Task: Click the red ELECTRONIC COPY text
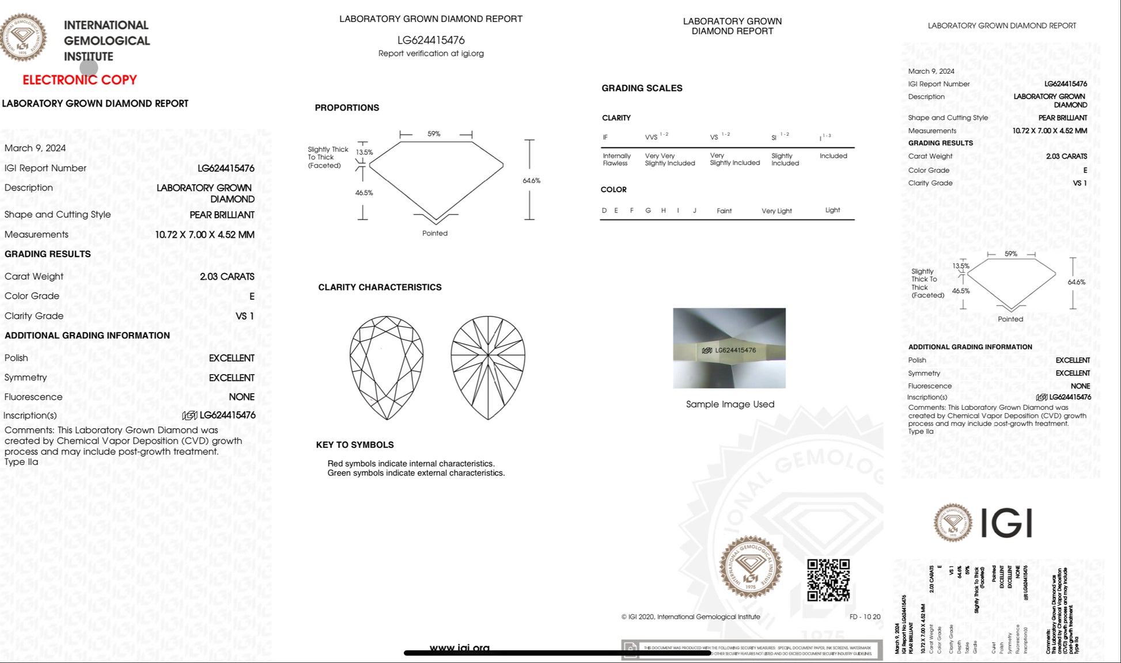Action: tap(79, 80)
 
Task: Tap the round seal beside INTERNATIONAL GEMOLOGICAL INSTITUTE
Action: tap(23, 37)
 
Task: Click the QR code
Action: tap(828, 580)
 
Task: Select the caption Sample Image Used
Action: tap(730, 404)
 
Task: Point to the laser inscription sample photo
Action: tap(729, 348)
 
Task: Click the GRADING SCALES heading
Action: tap(642, 88)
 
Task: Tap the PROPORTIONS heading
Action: tap(347, 108)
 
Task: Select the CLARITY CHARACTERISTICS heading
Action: tap(380, 287)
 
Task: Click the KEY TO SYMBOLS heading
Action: tap(355, 445)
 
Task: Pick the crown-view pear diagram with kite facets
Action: tap(387, 367)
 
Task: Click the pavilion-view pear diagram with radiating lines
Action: tap(488, 367)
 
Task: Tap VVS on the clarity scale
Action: tap(652, 137)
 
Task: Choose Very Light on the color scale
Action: tap(777, 211)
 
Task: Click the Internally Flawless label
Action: tap(616, 159)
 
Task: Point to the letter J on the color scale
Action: tap(695, 211)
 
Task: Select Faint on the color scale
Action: tap(724, 211)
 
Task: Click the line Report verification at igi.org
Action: tap(431, 54)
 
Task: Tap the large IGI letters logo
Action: tap(1006, 523)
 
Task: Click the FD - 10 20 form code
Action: tap(865, 617)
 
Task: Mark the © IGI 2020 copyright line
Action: tap(691, 617)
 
